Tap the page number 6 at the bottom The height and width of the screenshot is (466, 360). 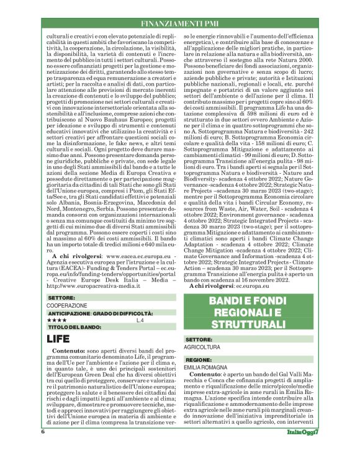coord(43,449)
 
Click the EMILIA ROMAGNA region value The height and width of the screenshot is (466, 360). coord(209,368)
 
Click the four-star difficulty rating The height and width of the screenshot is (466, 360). coord(57,320)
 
